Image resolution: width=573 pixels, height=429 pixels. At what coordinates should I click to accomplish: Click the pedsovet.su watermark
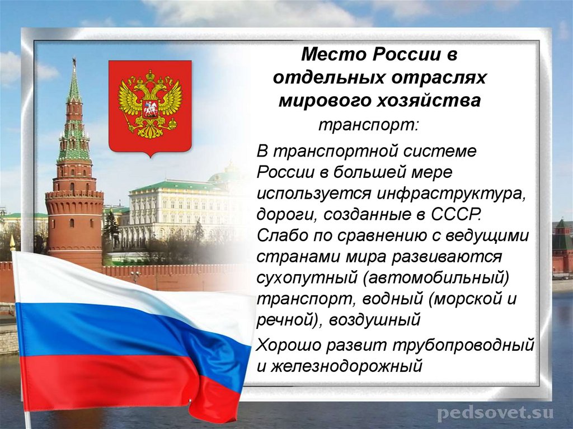click(495, 413)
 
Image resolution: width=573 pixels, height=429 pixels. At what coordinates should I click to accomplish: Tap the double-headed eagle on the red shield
click(149, 103)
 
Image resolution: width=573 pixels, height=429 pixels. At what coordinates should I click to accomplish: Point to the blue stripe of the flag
click(112, 330)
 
